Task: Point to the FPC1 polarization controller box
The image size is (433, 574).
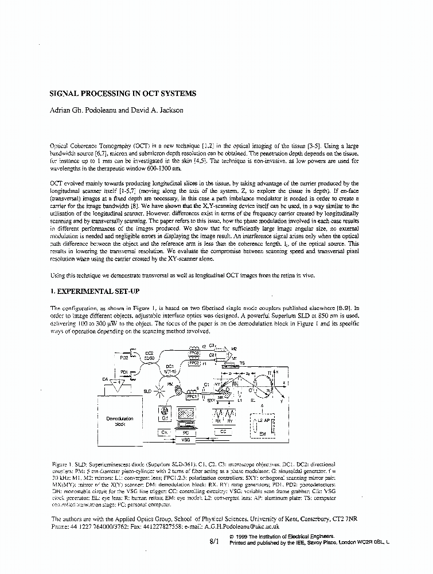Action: pyautogui.click(x=192, y=396)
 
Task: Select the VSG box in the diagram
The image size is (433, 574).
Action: pyautogui.click(x=185, y=440)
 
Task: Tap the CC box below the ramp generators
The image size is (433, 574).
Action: pyautogui.click(x=223, y=432)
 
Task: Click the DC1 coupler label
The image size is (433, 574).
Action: pyautogui.click(x=170, y=366)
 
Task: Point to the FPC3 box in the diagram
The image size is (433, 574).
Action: pyautogui.click(x=194, y=353)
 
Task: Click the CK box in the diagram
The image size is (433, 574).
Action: pyautogui.click(x=165, y=432)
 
